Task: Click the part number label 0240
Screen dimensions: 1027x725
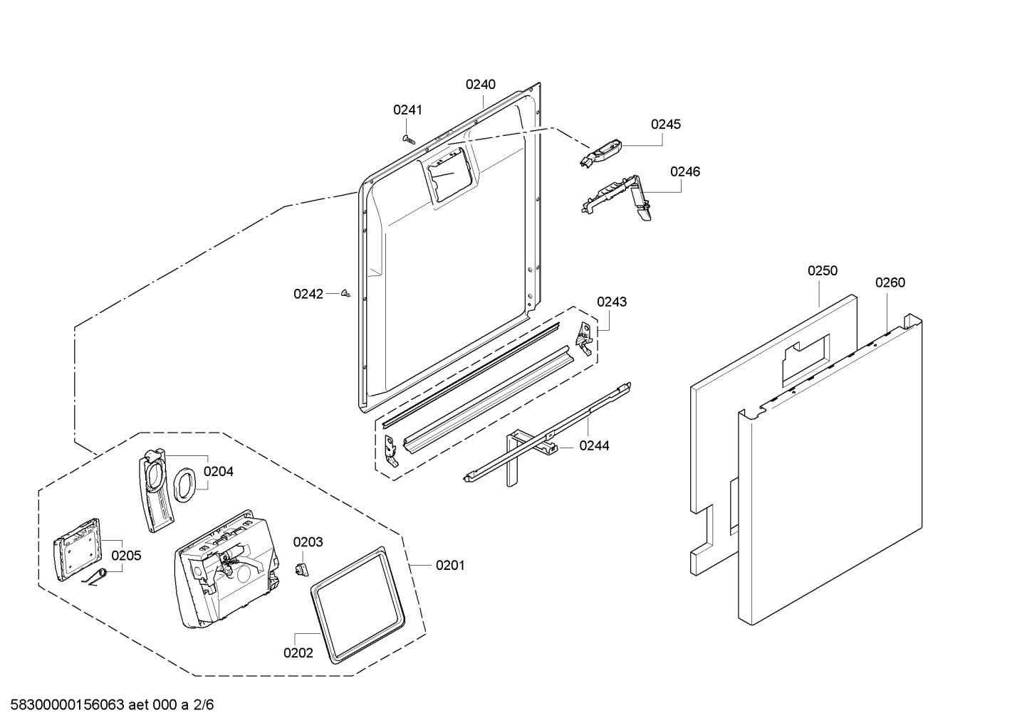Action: [481, 84]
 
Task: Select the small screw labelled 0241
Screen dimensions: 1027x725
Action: [408, 139]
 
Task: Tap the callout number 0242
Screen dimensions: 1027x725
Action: [308, 294]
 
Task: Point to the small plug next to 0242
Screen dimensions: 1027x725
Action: [345, 293]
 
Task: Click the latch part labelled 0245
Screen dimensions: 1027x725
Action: [600, 153]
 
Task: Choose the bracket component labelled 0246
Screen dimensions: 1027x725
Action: [617, 198]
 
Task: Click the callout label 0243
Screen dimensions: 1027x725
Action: [612, 302]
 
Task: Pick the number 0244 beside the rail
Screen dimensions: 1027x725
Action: [594, 445]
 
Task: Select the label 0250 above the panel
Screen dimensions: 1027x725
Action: [823, 270]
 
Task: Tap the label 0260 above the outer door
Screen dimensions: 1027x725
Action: [890, 282]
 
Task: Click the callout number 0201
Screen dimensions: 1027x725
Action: [450, 566]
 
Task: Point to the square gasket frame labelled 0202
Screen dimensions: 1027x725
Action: [358, 605]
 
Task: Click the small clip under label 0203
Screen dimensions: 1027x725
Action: [301, 570]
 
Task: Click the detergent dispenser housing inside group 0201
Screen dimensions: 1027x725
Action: [226, 568]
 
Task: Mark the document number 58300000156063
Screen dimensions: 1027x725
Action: [67, 705]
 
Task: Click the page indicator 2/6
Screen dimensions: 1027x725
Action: [203, 705]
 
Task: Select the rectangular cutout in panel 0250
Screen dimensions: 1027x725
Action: [806, 361]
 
